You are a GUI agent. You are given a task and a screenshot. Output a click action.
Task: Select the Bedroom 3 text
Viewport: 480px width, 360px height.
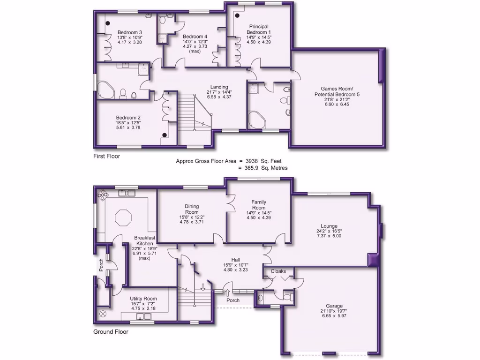pos(130,32)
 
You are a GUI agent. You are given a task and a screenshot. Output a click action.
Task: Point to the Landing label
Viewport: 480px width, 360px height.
pos(219,87)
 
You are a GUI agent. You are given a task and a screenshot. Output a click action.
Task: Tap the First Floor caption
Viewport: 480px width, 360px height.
pos(106,156)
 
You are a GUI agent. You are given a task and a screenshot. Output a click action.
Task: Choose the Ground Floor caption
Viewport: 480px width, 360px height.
pos(111,331)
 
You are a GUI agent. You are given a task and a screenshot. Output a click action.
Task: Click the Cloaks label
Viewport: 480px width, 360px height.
pos(278,271)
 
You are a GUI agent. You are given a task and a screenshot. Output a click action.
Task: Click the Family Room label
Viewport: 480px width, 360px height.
pos(259,205)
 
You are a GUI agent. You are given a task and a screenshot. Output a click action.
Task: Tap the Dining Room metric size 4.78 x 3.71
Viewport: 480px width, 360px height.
pos(192,223)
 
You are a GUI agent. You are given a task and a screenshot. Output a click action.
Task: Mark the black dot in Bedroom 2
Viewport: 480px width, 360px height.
pos(165,135)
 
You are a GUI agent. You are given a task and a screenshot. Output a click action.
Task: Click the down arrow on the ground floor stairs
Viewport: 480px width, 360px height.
pos(202,287)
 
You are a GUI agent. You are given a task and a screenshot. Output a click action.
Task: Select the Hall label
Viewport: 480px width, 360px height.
pos(236,259)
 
